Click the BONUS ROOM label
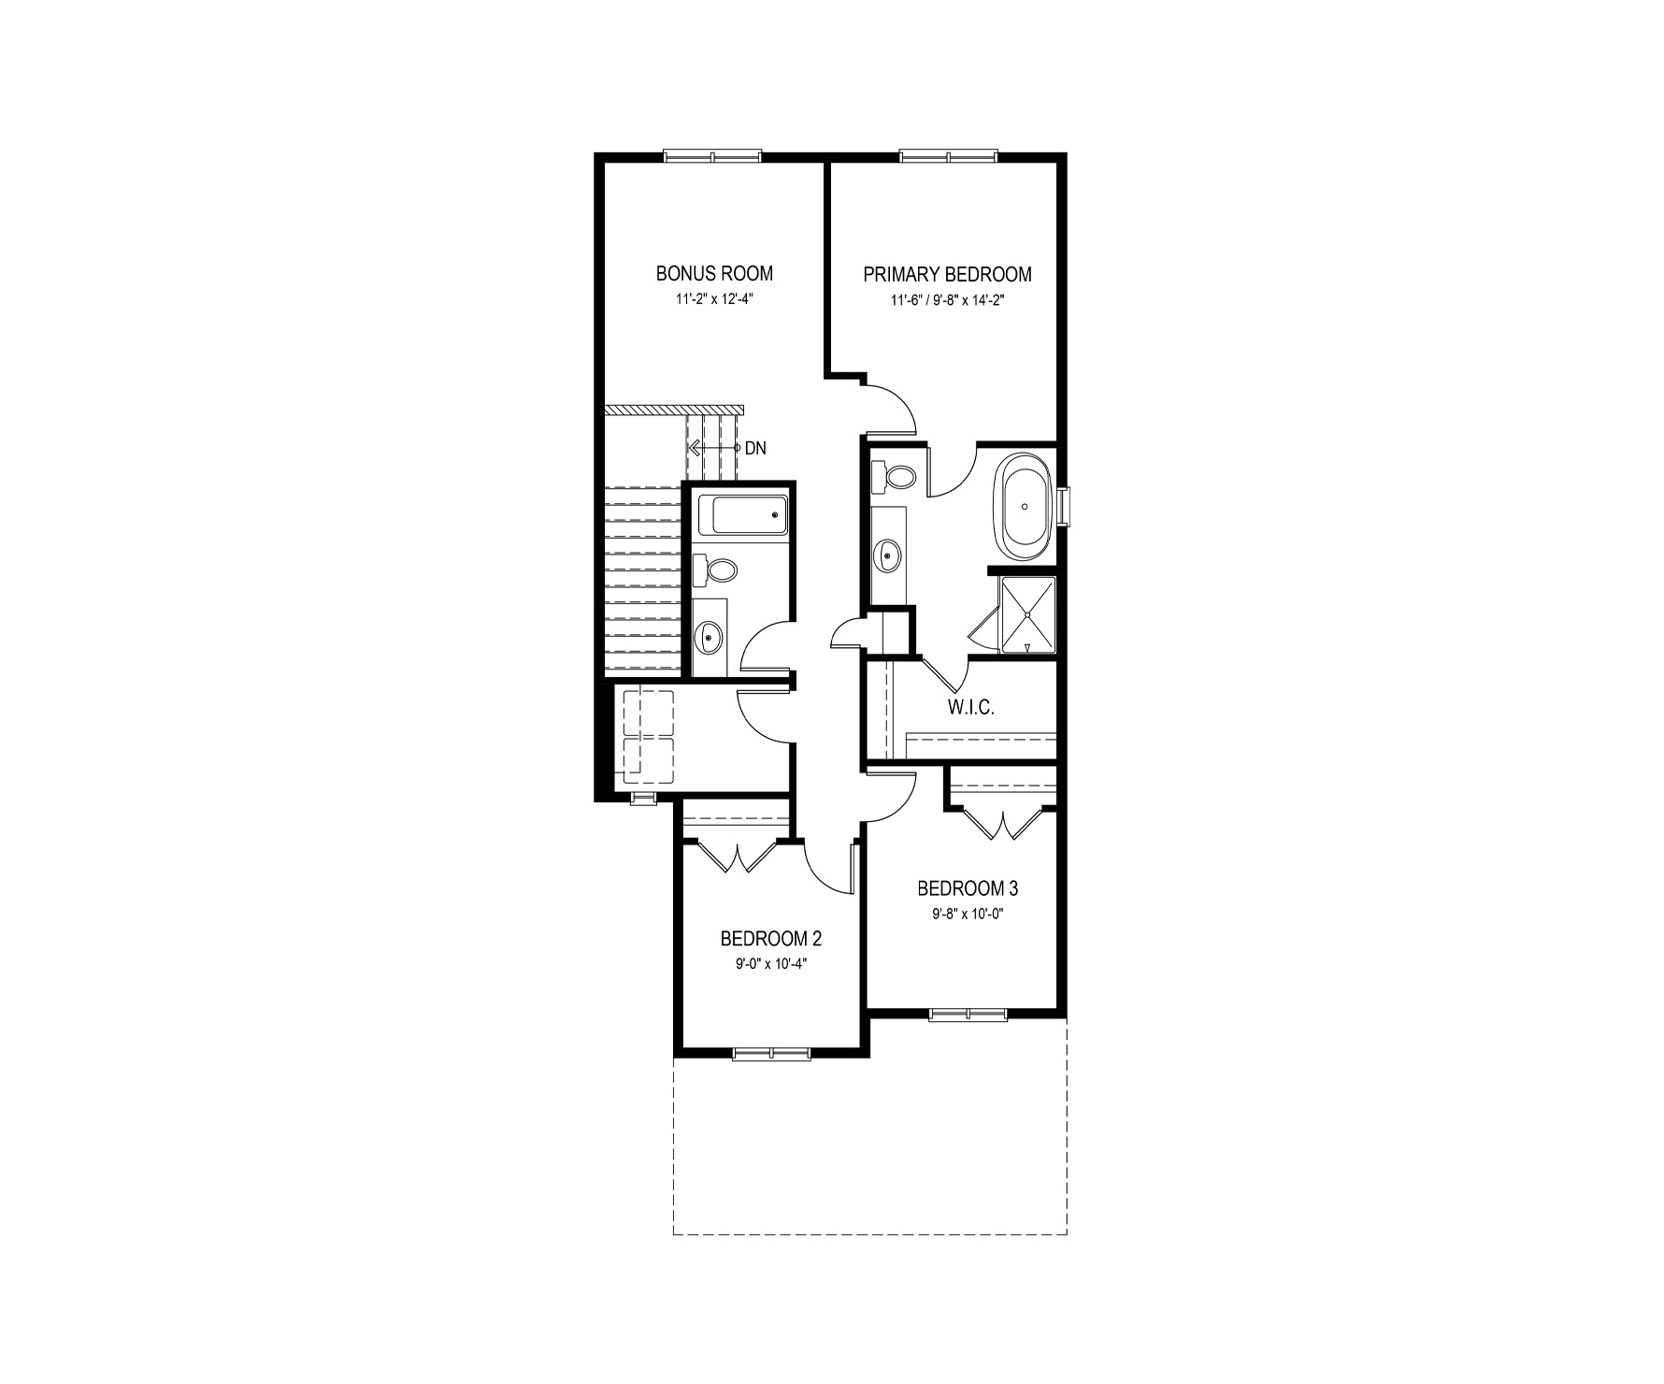[714, 274]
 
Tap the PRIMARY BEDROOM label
[947, 274]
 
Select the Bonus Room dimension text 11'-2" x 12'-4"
[714, 300]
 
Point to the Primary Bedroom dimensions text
[947, 300]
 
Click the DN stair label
[754, 449]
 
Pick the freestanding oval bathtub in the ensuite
[1026, 507]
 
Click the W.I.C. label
[971, 707]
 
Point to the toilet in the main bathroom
[715, 568]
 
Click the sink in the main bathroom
[710, 638]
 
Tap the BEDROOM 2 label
[771, 938]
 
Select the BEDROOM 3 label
[968, 887]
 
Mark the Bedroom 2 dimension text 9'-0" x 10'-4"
[771, 964]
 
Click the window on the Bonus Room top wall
[712, 156]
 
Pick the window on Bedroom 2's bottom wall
[772, 1054]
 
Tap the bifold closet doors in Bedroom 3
[1003, 822]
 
